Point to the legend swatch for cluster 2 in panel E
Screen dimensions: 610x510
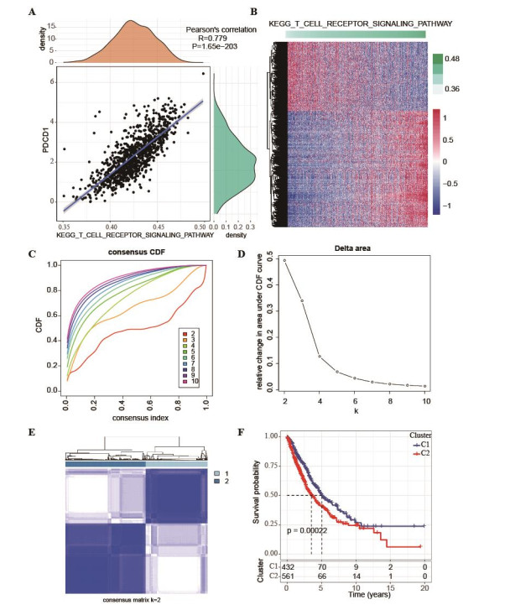click(218, 484)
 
